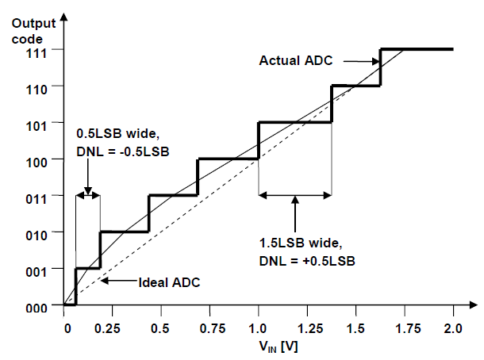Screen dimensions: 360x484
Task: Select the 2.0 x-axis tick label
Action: (x=453, y=327)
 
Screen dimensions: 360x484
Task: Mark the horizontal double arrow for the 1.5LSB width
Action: (x=294, y=194)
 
